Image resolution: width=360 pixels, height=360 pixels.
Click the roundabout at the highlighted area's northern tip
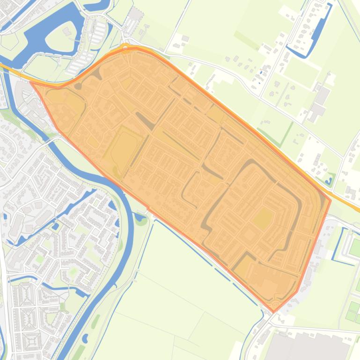(x=125, y=47)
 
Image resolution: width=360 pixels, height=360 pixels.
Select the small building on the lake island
(x=66, y=31)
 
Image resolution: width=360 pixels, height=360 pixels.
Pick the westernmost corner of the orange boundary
(x=31, y=83)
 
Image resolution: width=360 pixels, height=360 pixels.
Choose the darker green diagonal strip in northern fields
(x=246, y=40)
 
